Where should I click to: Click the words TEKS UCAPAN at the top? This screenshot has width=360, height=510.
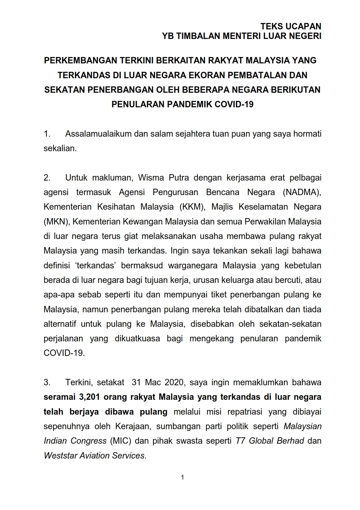(x=291, y=26)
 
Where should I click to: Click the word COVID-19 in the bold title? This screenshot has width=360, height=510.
(x=234, y=104)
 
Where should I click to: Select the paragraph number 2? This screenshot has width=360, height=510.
(x=47, y=178)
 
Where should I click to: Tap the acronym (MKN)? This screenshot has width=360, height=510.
(x=57, y=222)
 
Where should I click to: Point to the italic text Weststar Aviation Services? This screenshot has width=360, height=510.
(x=94, y=455)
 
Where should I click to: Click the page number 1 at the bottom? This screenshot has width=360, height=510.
(x=182, y=477)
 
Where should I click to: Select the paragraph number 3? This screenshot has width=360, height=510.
(x=47, y=382)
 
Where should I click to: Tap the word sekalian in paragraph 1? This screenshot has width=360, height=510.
(x=60, y=148)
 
